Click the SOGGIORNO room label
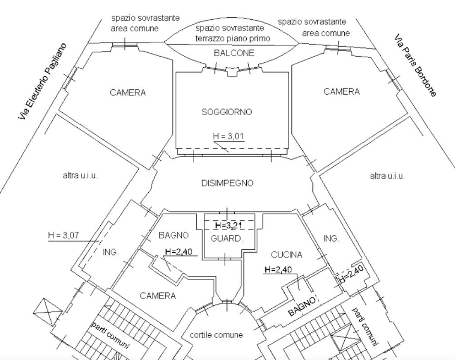(226, 112)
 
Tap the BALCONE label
(234, 53)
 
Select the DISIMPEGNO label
(227, 184)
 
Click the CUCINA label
(286, 255)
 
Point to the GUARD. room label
(227, 238)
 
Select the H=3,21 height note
(228, 226)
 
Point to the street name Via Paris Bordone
(415, 66)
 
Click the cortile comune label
(215, 334)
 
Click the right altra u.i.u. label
(387, 176)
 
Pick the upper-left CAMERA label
(128, 92)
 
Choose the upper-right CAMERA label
(341, 91)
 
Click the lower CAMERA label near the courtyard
(158, 296)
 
